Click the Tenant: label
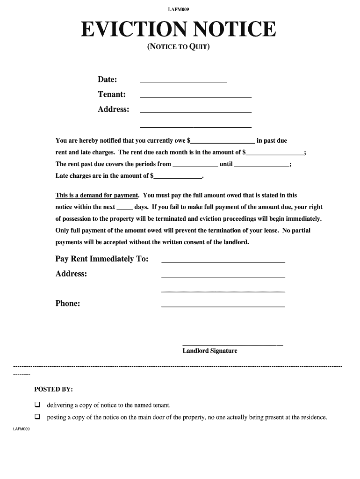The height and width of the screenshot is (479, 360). point(111,94)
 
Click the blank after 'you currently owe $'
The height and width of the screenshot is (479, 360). point(223,141)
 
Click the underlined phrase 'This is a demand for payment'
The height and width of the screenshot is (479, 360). point(97,196)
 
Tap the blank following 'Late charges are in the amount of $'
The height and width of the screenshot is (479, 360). point(178,176)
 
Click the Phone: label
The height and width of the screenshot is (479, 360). point(68,304)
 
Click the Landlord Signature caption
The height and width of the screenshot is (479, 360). point(210,351)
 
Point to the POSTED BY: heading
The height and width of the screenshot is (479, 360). point(53,390)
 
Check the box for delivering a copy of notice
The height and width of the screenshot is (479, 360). point(37,405)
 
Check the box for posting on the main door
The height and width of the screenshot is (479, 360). point(37,417)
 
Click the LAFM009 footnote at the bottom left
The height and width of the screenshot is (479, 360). point(22,429)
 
